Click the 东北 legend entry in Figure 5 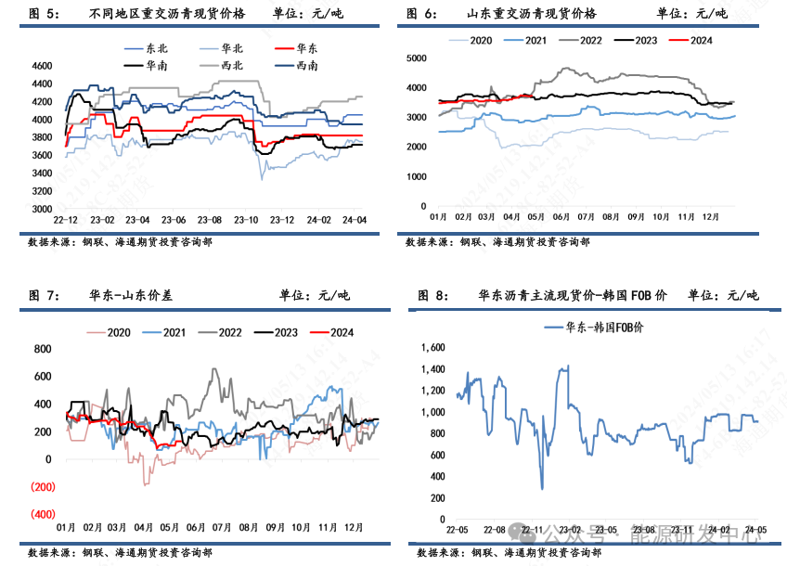tap(153, 46)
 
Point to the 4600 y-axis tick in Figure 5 tap(40, 67)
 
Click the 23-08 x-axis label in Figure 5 tap(209, 220)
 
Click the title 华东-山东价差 tap(131, 296)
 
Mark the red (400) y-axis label tap(43, 514)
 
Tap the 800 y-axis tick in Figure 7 tap(43, 349)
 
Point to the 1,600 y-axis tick tap(432, 348)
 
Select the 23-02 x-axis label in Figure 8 tap(569, 530)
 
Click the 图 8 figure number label tap(433, 296)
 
